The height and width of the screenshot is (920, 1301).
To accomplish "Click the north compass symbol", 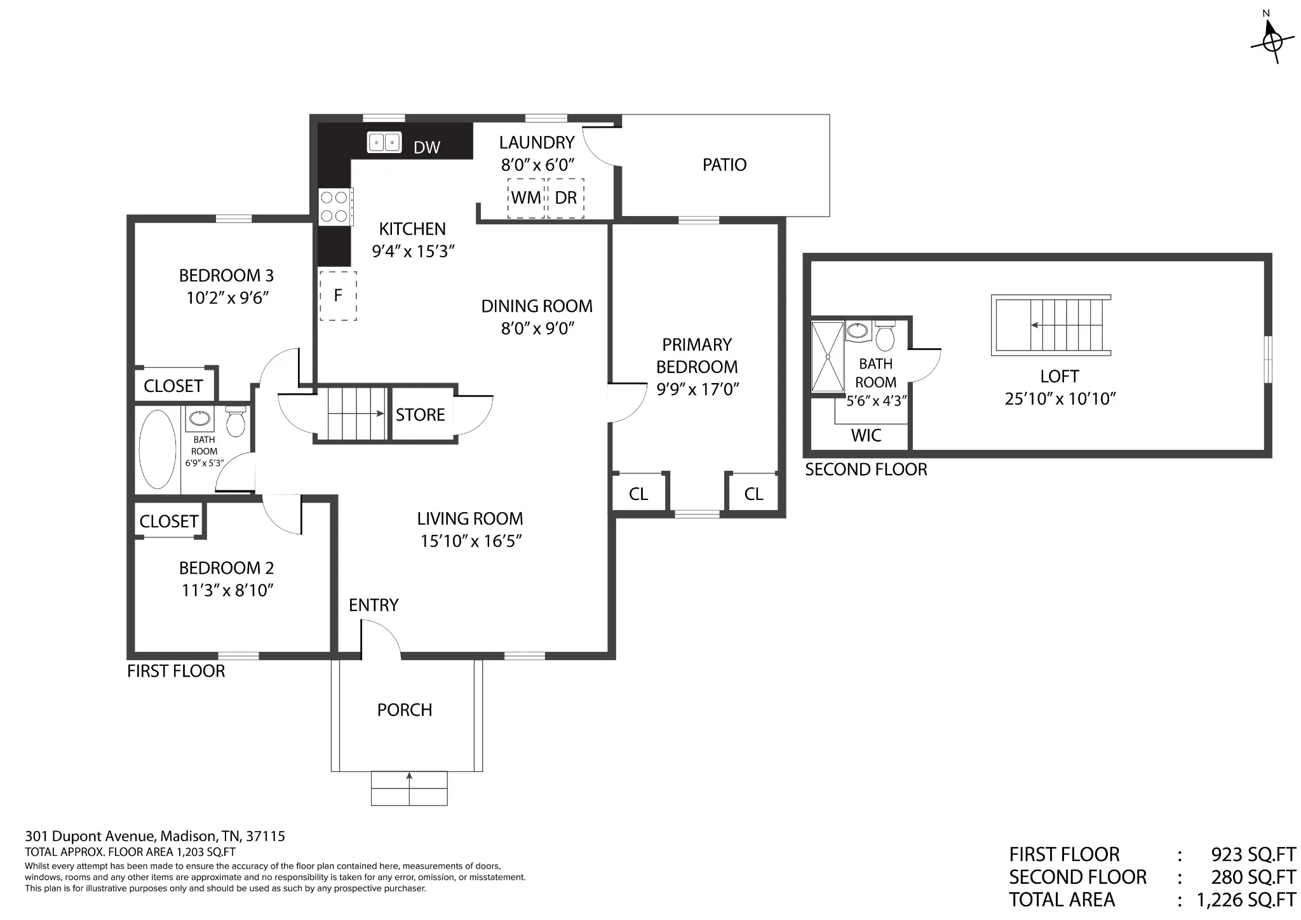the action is tap(1271, 39).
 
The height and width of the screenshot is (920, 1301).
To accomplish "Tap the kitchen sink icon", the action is tap(384, 142).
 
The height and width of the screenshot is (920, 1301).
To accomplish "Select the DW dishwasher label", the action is tap(427, 147).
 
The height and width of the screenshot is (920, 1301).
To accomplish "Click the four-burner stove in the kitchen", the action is tap(335, 206).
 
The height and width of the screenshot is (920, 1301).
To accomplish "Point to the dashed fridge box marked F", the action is tap(338, 295).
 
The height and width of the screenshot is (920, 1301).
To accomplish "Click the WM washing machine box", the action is tap(526, 198).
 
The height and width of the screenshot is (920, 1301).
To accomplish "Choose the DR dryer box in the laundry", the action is tap(566, 198).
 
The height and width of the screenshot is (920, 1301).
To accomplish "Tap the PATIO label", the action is tap(724, 165).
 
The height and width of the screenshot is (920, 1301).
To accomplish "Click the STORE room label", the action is tap(420, 415).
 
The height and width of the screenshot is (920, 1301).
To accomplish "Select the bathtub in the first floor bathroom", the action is tap(158, 449).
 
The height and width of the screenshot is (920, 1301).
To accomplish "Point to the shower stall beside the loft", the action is tap(828, 357).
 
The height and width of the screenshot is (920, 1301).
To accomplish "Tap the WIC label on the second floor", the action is tap(866, 436).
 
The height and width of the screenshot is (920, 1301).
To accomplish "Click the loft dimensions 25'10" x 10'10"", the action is tap(1060, 399).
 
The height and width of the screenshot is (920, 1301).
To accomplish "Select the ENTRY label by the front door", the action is tap(374, 605).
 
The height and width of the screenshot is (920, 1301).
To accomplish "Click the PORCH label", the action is tap(405, 710).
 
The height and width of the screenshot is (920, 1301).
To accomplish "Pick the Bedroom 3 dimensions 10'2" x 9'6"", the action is tap(227, 298).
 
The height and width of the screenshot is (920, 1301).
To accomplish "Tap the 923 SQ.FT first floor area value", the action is tap(1253, 855).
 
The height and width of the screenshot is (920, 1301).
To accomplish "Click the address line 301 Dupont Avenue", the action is tap(155, 836).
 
